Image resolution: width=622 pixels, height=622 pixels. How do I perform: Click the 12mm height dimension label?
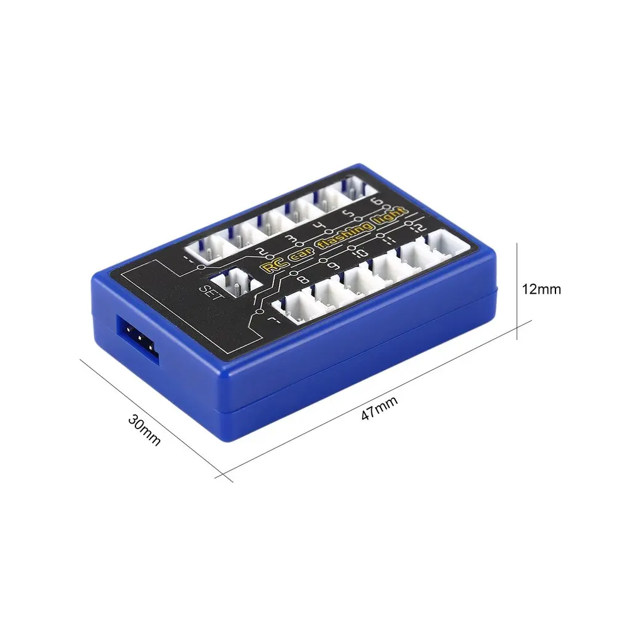click(541, 289)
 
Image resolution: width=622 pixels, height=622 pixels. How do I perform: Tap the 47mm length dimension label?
click(379, 408)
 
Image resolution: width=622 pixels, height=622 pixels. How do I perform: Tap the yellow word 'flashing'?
click(345, 236)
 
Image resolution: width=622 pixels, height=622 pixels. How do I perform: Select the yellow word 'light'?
click(391, 217)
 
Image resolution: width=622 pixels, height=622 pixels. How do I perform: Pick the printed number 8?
click(302, 279)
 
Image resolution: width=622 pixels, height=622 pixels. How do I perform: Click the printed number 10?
click(361, 252)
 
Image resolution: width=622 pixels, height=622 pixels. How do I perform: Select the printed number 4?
click(320, 227)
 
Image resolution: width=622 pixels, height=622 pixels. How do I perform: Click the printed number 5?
click(349, 215)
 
